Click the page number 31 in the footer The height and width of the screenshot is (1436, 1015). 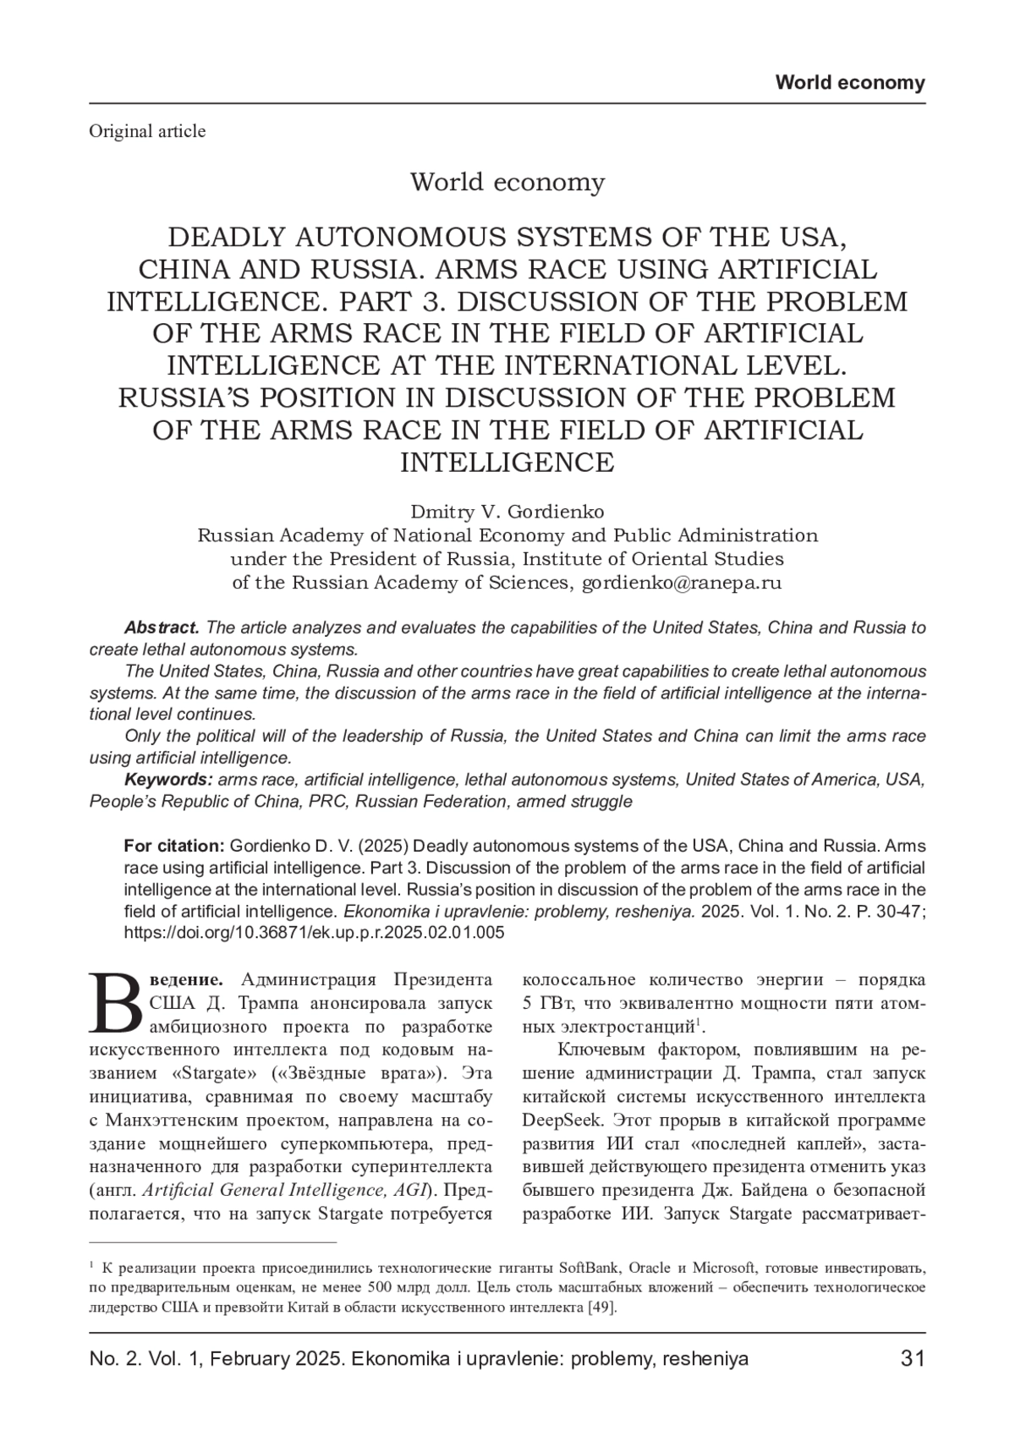913,1358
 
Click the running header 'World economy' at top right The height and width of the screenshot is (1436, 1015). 850,83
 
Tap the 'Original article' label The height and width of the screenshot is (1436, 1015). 147,131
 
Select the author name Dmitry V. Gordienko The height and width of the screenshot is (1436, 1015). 507,512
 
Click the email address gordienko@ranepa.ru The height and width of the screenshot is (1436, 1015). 682,582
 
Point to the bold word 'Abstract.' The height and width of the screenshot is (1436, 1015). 162,628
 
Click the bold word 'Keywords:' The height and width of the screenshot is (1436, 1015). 168,779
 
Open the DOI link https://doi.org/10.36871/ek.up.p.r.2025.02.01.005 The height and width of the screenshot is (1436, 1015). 314,933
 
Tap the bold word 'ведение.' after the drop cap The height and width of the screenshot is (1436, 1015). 187,980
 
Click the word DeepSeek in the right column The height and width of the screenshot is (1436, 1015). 562,1121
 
